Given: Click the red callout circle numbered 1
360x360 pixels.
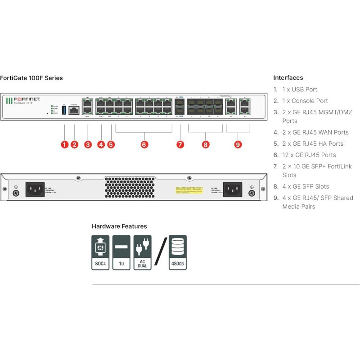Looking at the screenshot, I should click(65, 144).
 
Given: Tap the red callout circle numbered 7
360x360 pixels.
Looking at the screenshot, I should click(180, 144).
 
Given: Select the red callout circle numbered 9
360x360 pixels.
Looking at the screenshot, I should click(238, 144).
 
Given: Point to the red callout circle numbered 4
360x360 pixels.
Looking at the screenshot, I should click(101, 144).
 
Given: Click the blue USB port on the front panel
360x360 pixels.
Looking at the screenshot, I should click(64, 110).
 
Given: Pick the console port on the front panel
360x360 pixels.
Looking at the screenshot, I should click(74, 109).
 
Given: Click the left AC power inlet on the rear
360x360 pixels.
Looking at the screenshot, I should click(35, 189).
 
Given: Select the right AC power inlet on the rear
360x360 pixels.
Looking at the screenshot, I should click(232, 189).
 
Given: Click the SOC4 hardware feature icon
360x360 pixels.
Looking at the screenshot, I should click(100, 252).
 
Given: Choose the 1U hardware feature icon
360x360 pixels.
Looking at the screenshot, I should click(121, 252).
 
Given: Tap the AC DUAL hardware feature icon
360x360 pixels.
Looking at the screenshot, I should click(142, 252).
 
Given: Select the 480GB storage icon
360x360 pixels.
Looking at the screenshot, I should click(178, 252).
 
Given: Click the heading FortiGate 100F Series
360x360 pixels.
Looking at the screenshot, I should click(31, 78).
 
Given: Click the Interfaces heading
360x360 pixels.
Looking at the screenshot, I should click(288, 78).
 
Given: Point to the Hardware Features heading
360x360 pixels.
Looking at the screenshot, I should click(119, 226).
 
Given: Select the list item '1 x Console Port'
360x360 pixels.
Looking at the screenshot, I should click(305, 101).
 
